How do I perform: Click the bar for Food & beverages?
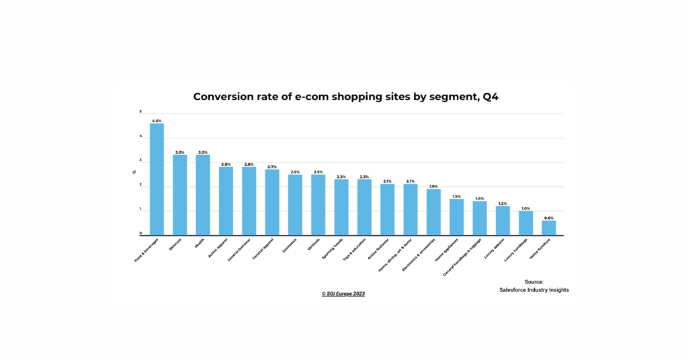click(x=157, y=179)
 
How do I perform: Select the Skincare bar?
click(x=179, y=195)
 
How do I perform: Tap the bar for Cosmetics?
click(x=295, y=205)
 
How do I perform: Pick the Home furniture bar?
click(x=549, y=228)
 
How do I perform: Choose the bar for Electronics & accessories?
click(x=433, y=212)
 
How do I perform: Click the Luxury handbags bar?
click(x=526, y=223)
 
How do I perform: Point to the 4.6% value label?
click(x=157, y=121)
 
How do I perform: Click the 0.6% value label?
click(x=549, y=218)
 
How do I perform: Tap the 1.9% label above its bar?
click(x=433, y=186)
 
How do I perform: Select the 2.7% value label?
click(x=272, y=167)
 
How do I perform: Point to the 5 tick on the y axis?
click(x=140, y=111)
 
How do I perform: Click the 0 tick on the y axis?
click(x=140, y=233)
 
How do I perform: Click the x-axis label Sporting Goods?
click(x=333, y=249)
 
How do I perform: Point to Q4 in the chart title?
click(x=490, y=97)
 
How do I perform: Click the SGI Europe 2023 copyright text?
click(x=343, y=294)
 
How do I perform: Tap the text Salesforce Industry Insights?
click(x=533, y=290)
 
